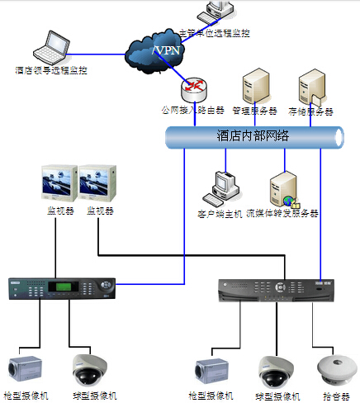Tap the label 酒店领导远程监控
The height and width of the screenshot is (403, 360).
51,71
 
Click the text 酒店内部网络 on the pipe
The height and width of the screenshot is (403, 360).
253,135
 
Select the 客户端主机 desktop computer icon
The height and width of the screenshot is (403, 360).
223,187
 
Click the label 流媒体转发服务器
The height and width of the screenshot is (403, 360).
282,213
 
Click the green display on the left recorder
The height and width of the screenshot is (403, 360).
63,287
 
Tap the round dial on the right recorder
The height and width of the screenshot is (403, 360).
282,288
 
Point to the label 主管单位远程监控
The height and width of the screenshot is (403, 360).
214,32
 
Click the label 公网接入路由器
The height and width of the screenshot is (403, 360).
194,110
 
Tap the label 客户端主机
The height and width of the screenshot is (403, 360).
220,213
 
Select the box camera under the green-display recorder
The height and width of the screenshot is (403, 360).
24,369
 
